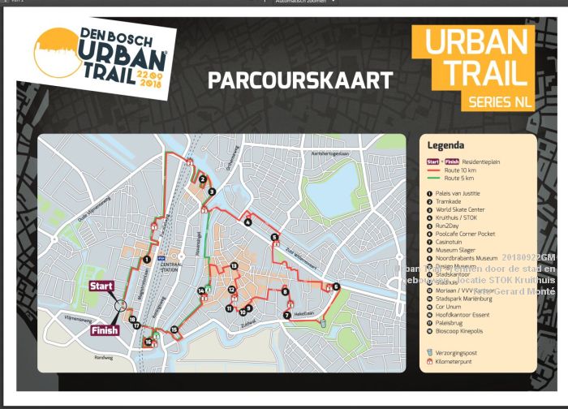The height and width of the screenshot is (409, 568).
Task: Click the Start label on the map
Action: [x=101, y=286]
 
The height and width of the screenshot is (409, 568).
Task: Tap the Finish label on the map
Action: [x=105, y=330]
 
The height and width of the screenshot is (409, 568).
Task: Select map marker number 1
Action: [x=146, y=260]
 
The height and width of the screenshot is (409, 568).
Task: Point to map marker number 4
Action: [x=247, y=222]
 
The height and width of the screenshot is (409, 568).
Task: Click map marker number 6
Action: [x=336, y=286]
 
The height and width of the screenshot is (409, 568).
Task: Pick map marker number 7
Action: [x=287, y=315]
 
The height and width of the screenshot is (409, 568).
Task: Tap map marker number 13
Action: [x=234, y=266]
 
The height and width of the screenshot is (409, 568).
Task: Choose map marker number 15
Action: [x=174, y=329]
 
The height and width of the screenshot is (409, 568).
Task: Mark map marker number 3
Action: [x=211, y=192]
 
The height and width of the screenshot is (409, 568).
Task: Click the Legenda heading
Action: [x=445, y=145]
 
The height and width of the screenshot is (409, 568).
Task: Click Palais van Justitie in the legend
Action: [x=458, y=193]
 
